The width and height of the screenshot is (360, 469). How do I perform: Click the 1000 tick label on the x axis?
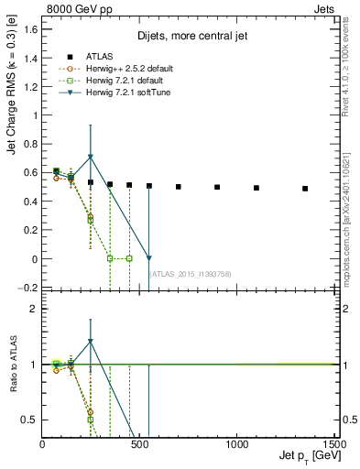tap(237, 443)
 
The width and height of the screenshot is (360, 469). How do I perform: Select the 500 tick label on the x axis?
tap(139, 443)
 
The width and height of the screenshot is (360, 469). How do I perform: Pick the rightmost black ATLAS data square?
tap(305, 189)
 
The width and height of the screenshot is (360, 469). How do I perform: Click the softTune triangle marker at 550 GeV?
tap(149, 258)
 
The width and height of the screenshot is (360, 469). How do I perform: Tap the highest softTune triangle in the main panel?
tap(91, 158)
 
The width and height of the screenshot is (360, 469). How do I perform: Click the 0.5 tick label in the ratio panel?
tap(30, 420)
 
